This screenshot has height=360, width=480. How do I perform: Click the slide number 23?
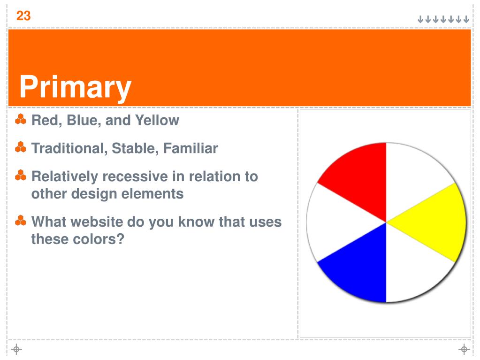click(23, 15)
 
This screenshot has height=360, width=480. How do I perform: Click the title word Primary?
click(75, 88)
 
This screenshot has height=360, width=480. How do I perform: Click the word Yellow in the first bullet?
click(157, 120)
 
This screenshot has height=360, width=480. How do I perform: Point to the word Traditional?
click(69, 148)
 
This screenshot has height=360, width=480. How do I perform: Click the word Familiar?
click(190, 148)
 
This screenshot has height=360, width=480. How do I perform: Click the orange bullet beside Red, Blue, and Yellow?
click(21, 119)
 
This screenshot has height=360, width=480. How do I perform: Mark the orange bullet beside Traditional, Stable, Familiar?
click(21, 147)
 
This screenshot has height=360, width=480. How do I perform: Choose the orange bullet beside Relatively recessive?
click(21, 176)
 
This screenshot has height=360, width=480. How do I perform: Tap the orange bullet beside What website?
click(21, 221)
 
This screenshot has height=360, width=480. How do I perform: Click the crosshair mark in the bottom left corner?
click(16, 349)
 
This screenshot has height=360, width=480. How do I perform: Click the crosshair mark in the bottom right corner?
click(464, 349)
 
